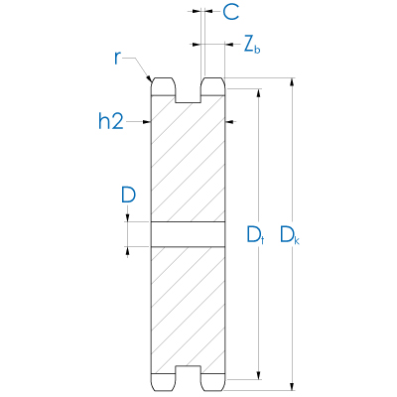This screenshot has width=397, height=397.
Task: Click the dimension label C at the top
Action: coord(229,13)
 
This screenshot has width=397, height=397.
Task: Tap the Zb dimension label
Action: coord(251,45)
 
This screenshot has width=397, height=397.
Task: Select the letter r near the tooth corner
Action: coord(118,57)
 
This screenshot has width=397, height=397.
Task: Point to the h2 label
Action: coord(112,122)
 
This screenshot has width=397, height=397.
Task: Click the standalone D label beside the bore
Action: coord(128,196)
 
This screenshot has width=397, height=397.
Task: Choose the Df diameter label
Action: coord(254,235)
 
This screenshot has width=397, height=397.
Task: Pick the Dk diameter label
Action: coord(289,235)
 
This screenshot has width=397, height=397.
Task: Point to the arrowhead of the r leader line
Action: coord(149,80)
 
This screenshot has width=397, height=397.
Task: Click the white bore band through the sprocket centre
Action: coord(189,233)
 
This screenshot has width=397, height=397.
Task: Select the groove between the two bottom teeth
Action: coord(189,378)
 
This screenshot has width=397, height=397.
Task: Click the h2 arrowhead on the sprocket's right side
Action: coord(231,122)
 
